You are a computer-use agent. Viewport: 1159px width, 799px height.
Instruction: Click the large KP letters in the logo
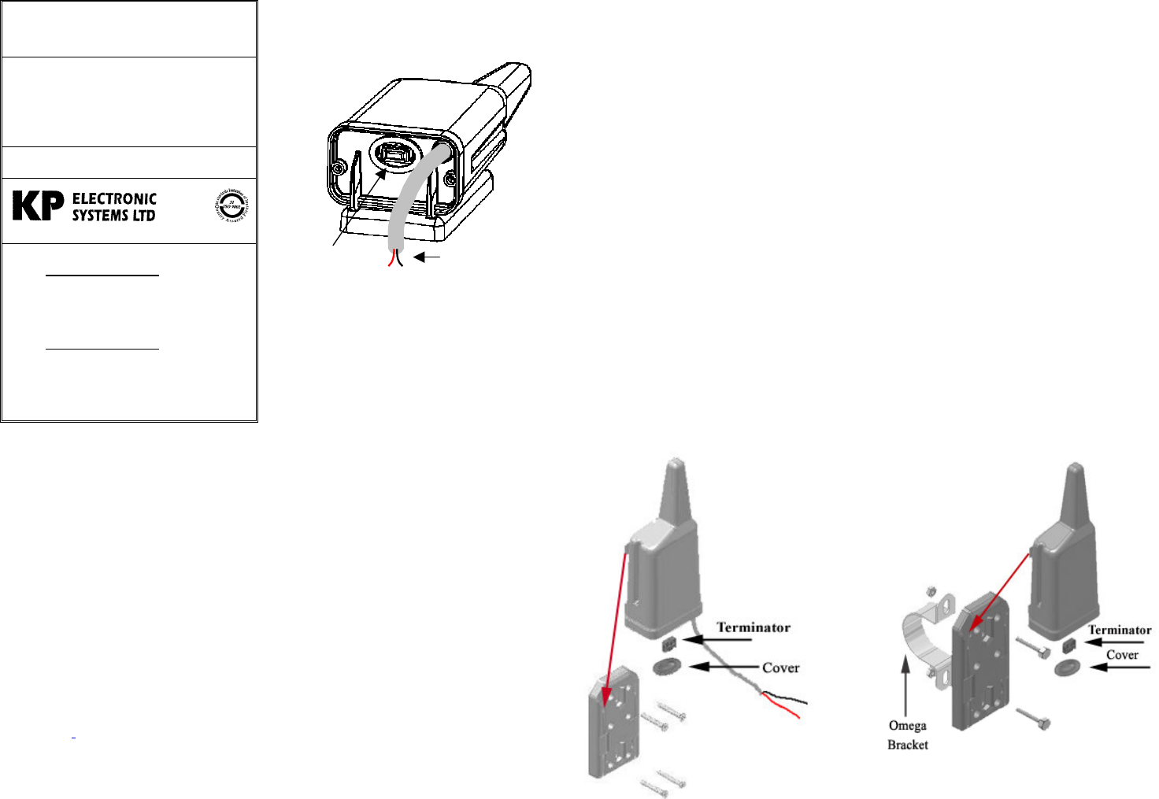pyautogui.click(x=38, y=206)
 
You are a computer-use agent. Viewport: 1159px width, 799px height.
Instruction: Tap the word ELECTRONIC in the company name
pyautogui.click(x=114, y=199)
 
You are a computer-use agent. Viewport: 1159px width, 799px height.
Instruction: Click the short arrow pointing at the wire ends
pyautogui.click(x=427, y=257)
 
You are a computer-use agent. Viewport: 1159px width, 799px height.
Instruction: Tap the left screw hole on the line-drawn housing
pyautogui.click(x=338, y=168)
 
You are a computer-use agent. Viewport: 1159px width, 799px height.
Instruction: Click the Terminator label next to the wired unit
pyautogui.click(x=753, y=627)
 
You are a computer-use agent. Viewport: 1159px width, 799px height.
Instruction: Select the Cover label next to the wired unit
pyautogui.click(x=780, y=668)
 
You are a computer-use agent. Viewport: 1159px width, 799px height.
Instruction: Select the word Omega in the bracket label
pyautogui.click(x=907, y=726)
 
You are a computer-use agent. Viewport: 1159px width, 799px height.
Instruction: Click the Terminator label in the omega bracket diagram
pyautogui.click(x=1119, y=630)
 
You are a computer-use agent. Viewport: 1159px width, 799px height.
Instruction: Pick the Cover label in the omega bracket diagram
pyautogui.click(x=1122, y=655)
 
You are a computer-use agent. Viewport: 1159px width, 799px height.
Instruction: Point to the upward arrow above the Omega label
pyautogui.click(x=906, y=685)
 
